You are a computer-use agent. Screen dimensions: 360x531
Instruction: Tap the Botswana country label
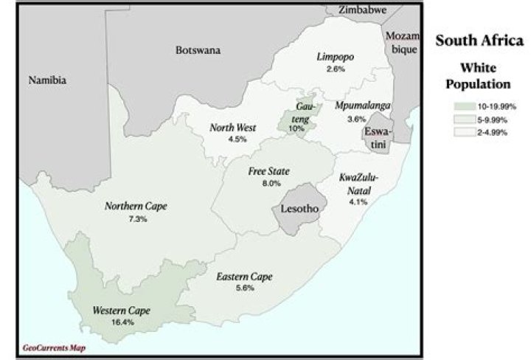(198, 50)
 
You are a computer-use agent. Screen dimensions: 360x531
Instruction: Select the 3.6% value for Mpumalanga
(356, 119)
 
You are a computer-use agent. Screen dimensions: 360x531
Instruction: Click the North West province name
(232, 127)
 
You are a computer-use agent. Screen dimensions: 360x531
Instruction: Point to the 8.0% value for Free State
(268, 183)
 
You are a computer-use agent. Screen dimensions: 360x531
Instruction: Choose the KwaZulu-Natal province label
(358, 184)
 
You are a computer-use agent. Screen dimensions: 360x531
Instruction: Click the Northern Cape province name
(136, 207)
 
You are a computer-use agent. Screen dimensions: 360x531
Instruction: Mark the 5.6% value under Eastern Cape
(244, 288)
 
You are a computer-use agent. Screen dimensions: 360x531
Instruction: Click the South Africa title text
(479, 41)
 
